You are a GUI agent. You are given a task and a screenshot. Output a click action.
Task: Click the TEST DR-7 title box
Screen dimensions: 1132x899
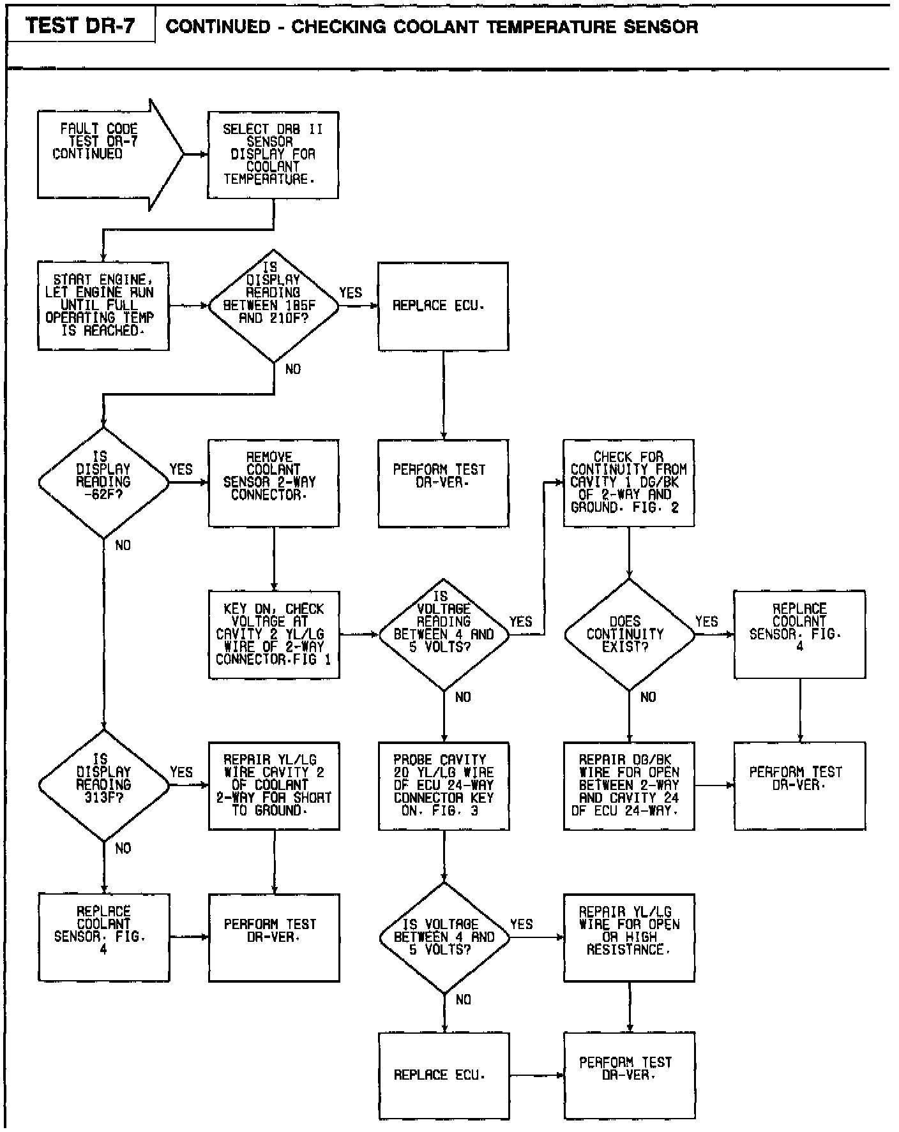pyautogui.click(x=80, y=26)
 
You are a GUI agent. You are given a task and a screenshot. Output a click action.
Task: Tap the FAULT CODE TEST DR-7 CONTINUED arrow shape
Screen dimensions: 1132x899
pyautogui.click(x=102, y=154)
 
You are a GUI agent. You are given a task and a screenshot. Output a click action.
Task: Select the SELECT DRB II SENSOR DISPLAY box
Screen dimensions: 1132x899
pyautogui.click(x=273, y=154)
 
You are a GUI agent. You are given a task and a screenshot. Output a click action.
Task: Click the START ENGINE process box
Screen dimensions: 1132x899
pyautogui.click(x=103, y=306)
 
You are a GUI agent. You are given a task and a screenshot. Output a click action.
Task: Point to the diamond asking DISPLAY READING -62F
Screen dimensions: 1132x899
pyautogui.click(x=103, y=482)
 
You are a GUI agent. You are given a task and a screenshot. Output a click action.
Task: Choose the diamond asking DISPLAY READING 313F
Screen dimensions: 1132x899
pyautogui.click(x=103, y=785)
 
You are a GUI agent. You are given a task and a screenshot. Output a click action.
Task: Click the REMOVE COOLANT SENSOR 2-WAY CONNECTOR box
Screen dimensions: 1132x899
pyautogui.click(x=273, y=482)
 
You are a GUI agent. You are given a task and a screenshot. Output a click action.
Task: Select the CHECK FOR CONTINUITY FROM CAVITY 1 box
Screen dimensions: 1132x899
pyautogui.click(x=628, y=482)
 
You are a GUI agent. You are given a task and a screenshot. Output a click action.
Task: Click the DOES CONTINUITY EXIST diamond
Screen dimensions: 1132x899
pyautogui.click(x=628, y=634)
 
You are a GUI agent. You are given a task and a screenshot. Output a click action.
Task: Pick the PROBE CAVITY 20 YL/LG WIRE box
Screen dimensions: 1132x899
pyautogui.click(x=443, y=786)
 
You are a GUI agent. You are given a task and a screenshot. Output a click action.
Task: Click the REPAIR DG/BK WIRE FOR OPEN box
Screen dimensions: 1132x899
pyautogui.click(x=628, y=786)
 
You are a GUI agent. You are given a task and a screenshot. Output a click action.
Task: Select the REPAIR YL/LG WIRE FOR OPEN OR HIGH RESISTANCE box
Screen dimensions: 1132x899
pyautogui.click(x=628, y=937)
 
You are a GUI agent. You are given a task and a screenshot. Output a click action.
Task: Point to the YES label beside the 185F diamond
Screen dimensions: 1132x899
pyautogui.click(x=351, y=293)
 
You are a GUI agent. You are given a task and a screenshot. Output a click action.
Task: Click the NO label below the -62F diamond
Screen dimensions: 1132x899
pyautogui.click(x=123, y=546)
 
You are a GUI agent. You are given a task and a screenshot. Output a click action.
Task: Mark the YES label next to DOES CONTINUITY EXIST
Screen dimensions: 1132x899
pyautogui.click(x=706, y=622)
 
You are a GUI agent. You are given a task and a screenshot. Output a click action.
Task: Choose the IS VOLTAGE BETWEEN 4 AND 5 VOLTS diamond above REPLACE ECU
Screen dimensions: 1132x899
pyautogui.click(x=444, y=937)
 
